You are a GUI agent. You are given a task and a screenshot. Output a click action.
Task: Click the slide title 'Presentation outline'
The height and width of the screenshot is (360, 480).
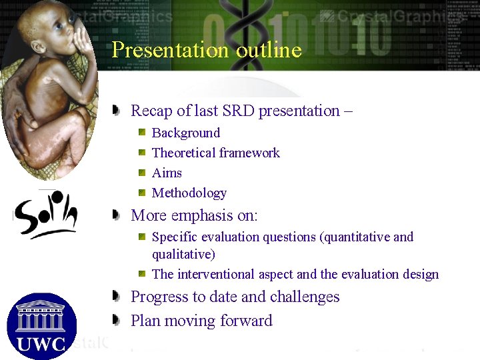(x=206, y=50)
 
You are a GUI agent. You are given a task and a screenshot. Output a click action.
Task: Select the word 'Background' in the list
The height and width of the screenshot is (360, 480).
(x=186, y=133)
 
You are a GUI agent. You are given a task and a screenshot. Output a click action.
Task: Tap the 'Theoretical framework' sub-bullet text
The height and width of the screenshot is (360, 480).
(x=215, y=153)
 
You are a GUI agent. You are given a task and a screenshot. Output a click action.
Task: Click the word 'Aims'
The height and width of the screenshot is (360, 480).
(x=167, y=173)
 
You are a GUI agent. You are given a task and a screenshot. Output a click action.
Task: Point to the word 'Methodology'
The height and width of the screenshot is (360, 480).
(x=189, y=193)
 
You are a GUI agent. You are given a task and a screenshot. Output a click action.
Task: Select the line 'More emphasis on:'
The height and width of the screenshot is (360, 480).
(x=194, y=216)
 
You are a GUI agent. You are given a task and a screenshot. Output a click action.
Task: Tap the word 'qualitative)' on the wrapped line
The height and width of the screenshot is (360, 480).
(x=183, y=254)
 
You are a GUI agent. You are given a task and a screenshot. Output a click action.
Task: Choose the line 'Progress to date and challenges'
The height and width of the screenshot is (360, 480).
(x=235, y=297)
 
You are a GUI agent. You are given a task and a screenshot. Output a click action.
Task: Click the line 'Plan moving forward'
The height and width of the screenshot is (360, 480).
(x=201, y=321)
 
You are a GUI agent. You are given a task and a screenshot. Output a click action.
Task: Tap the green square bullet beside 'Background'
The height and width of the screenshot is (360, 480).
(x=142, y=133)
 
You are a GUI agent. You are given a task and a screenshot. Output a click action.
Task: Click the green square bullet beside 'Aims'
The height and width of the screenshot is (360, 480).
(x=142, y=173)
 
